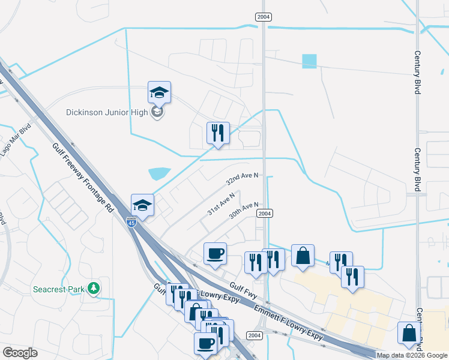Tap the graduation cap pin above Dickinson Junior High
[159, 93]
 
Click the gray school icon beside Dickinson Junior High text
[157, 112]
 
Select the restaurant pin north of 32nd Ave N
[217, 133]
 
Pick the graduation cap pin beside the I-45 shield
[143, 205]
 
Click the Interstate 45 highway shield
[131, 221]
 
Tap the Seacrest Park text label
[59, 289]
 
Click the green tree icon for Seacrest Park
[93, 289]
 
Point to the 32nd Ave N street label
[242, 178]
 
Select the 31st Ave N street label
[220, 205]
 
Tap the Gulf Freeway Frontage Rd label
[83, 178]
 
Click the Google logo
[20, 352]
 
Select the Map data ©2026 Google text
[412, 355]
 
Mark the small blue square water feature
[309, 61]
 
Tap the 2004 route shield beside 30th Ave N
[264, 214]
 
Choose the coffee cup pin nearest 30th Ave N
[215, 254]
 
